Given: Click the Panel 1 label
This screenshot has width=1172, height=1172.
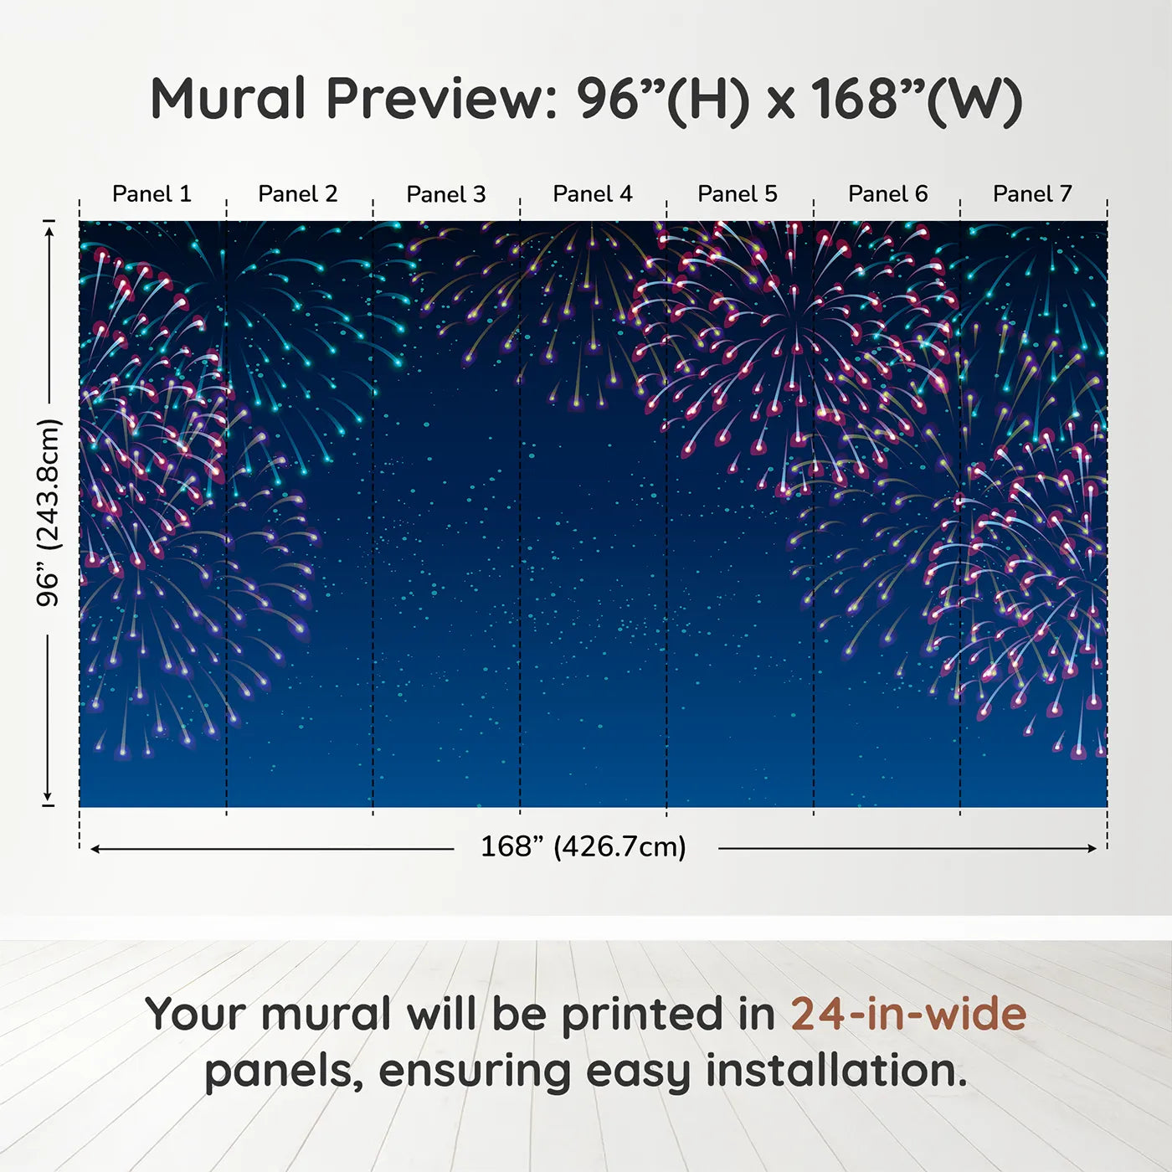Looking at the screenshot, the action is coord(152,194).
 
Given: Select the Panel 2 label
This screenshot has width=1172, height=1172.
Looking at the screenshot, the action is coord(297,194).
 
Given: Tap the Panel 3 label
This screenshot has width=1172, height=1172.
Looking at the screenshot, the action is coord(446,194).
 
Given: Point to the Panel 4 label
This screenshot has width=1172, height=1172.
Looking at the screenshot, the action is coord(593,194).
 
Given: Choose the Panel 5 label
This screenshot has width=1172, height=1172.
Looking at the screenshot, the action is coord(738,194).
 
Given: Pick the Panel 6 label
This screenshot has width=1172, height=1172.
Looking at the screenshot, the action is coord(888,194).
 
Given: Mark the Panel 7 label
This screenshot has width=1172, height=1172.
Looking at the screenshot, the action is coord(1032,194).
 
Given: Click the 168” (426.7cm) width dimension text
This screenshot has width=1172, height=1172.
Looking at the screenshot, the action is coord(583,846).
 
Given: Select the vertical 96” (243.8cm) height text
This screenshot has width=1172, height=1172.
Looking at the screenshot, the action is coord(48,512).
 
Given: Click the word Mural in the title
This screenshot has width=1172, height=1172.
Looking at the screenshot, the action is coord(228,99).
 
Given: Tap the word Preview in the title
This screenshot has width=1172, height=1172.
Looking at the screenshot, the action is coord(441,100).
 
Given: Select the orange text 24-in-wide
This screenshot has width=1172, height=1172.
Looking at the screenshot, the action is coord(908,1014).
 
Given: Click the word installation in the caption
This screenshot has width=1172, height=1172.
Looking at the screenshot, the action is coord(836,1071).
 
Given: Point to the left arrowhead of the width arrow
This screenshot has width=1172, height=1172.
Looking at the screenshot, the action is coord(95,849).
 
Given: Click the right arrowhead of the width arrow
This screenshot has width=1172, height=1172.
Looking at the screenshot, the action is coord(1092,848).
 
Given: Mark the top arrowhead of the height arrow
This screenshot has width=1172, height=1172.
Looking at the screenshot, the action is coord(50,230).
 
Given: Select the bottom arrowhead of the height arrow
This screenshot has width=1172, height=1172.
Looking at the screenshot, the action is coord(48,797).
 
